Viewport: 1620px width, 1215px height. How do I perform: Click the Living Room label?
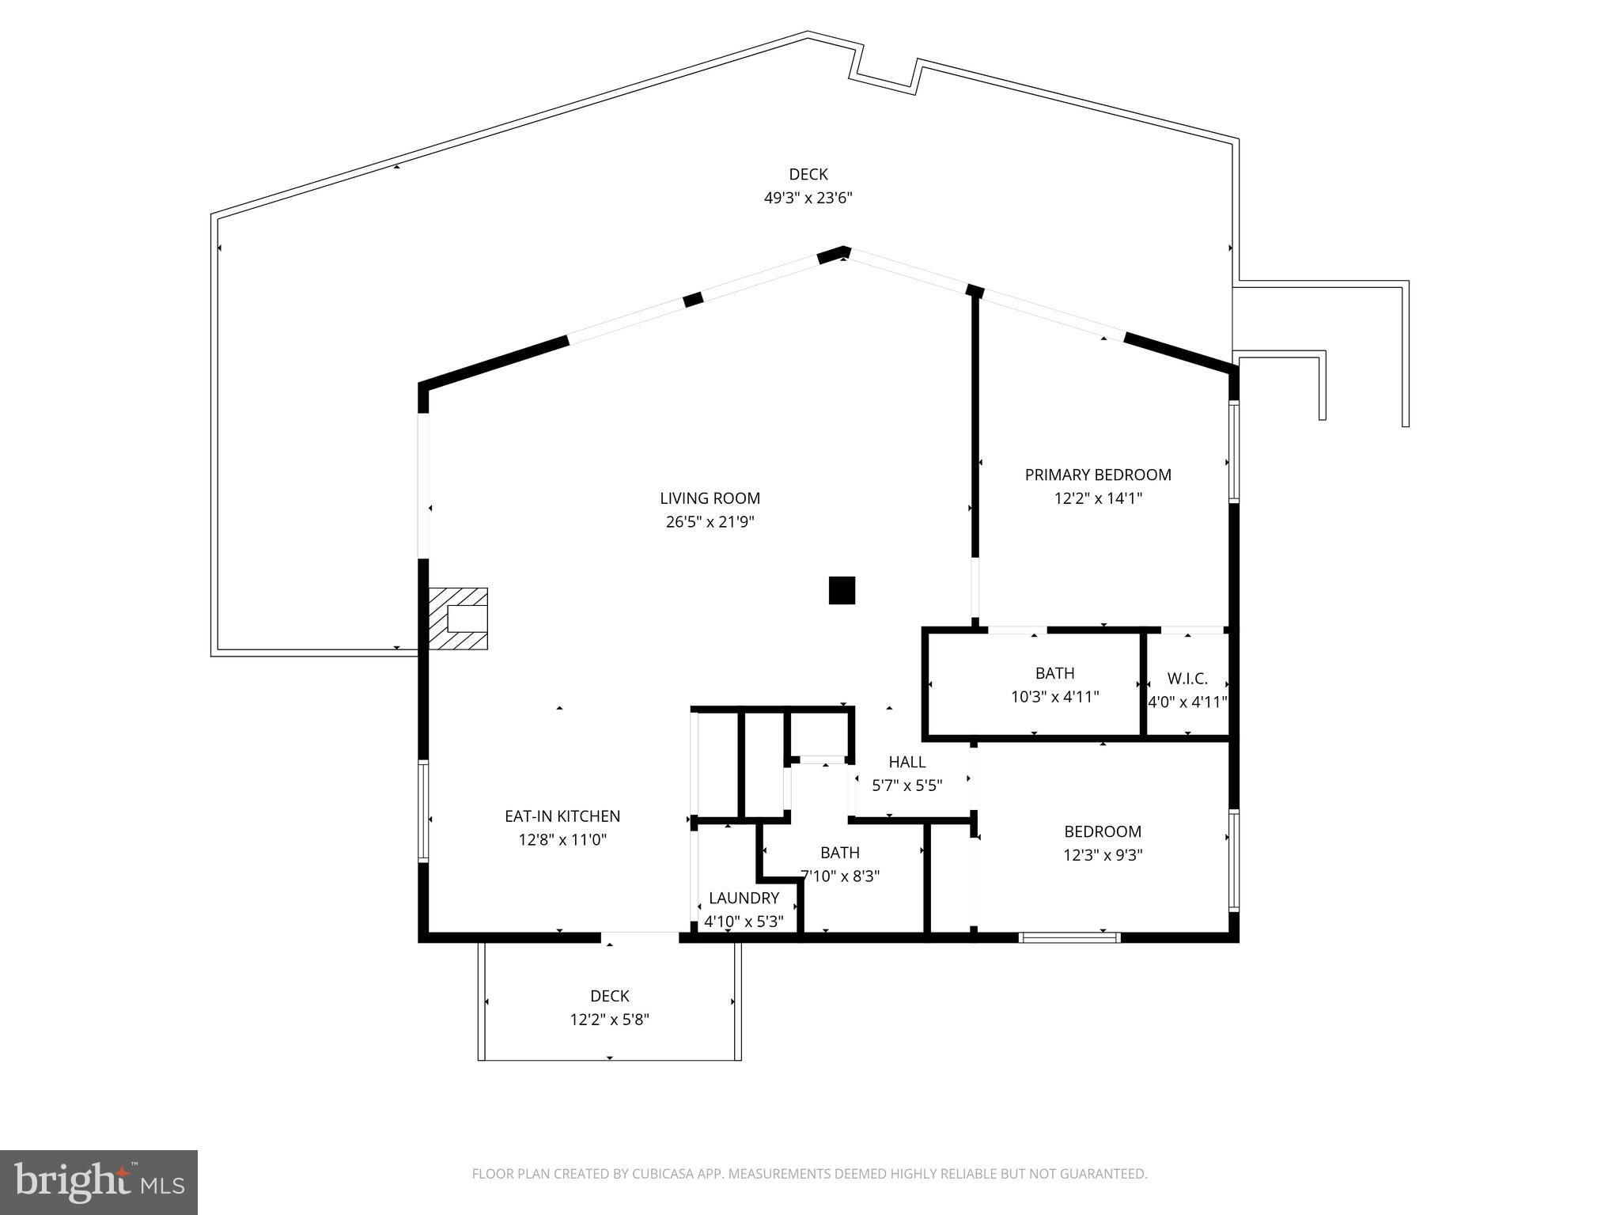(x=710, y=498)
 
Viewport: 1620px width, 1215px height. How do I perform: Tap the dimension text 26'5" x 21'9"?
(x=710, y=522)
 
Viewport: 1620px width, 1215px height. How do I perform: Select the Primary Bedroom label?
(x=1097, y=475)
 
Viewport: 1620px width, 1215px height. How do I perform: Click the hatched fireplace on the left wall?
(x=458, y=619)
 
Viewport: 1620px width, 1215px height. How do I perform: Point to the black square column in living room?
(x=842, y=590)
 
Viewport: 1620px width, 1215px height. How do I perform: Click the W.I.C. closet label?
(x=1187, y=679)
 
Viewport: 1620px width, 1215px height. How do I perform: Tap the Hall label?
(x=907, y=762)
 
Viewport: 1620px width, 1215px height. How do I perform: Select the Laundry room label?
(x=744, y=898)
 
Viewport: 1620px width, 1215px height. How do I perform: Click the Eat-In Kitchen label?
(x=562, y=816)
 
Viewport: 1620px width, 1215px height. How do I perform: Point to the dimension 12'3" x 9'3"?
(x=1103, y=855)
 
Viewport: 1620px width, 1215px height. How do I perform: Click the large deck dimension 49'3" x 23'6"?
(x=808, y=198)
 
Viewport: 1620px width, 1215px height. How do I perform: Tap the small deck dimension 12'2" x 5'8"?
(x=609, y=1020)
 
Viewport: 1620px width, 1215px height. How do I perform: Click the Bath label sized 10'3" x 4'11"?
(x=1054, y=673)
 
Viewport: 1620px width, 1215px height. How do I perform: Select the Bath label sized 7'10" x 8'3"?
(x=839, y=853)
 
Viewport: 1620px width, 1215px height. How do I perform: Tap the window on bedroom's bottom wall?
(x=1069, y=937)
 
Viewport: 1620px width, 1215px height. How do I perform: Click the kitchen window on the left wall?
(x=423, y=811)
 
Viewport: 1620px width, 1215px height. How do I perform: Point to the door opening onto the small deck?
(x=639, y=937)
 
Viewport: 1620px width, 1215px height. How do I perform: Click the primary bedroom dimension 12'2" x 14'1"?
(x=1097, y=498)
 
